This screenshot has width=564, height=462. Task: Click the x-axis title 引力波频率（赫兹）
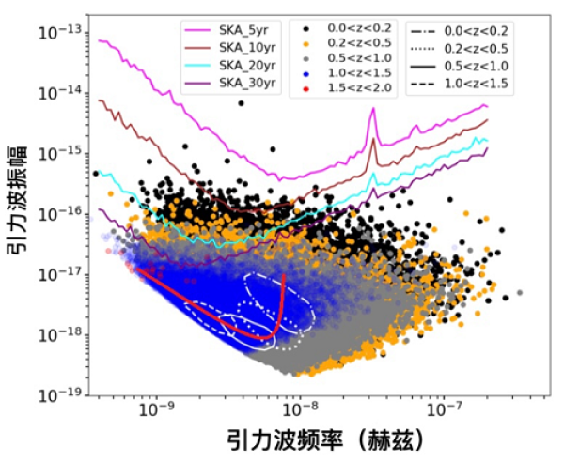click(x=320, y=441)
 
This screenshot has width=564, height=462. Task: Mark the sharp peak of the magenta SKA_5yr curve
click(x=373, y=109)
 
